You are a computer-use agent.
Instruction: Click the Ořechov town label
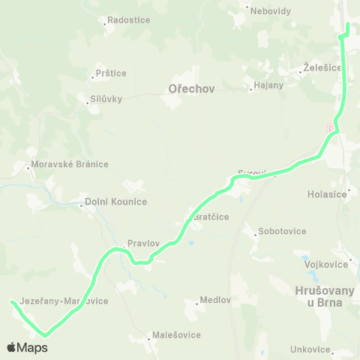[192, 88]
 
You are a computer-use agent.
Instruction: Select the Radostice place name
[129, 21]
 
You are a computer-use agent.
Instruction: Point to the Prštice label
[111, 73]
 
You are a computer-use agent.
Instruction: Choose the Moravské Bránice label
[70, 164]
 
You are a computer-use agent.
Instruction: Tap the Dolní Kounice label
[115, 202]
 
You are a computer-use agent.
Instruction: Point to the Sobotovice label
[281, 231]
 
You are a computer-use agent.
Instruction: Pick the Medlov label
[215, 301]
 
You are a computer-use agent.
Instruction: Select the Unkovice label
[310, 349]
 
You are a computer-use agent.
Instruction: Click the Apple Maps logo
[27, 347]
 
